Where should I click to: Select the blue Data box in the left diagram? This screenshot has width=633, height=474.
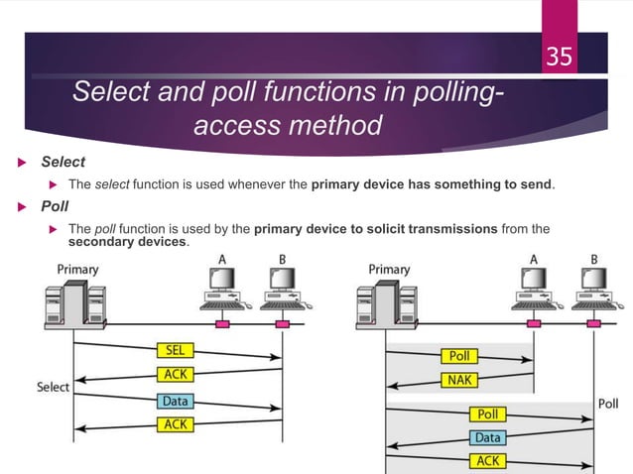tap(176, 402)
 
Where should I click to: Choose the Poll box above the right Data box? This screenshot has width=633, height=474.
tap(487, 414)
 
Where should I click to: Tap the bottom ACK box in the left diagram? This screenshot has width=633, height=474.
tap(176, 424)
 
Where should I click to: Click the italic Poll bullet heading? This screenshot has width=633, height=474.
tap(55, 207)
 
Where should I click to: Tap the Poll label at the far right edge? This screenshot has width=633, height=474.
tap(608, 403)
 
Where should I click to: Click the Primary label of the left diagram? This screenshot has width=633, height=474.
tap(76, 268)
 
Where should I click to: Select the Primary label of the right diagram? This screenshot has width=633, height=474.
tap(389, 269)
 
